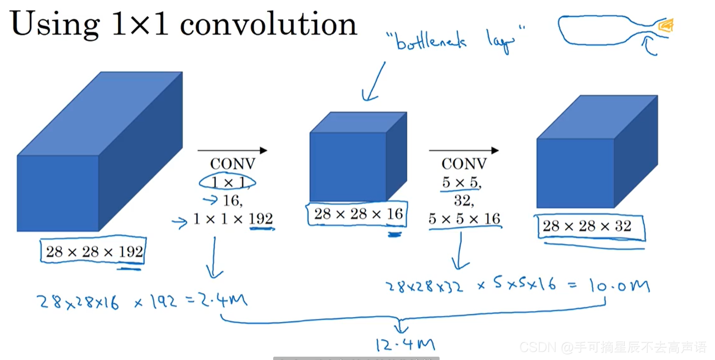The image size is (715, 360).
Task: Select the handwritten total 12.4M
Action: (405, 346)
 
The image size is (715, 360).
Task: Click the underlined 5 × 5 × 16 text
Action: (465, 219)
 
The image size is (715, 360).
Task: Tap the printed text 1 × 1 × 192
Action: (233, 219)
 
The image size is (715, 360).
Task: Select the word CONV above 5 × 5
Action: (464, 164)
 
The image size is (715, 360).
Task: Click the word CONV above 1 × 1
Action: (233, 164)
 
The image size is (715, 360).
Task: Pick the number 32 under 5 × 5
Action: (463, 200)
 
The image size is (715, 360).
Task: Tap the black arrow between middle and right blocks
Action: (464, 150)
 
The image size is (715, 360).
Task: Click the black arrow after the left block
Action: (233, 150)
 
